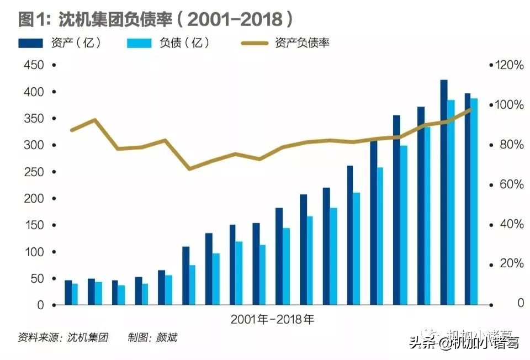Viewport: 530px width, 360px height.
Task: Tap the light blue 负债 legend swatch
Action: coord(143,43)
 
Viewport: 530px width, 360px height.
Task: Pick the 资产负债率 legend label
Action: coord(301,43)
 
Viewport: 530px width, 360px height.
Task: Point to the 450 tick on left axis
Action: coord(34,65)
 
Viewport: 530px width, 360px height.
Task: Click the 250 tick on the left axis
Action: coord(34,172)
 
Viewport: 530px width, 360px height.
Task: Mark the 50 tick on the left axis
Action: coord(36,279)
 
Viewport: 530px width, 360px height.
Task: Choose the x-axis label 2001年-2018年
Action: coord(272,319)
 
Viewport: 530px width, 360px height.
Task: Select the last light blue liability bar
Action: coord(474,202)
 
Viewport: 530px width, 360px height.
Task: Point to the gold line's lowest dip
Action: coord(190,168)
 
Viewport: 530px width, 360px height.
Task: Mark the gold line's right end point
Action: coord(471,109)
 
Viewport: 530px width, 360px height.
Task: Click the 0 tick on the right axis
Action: coord(520,304)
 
